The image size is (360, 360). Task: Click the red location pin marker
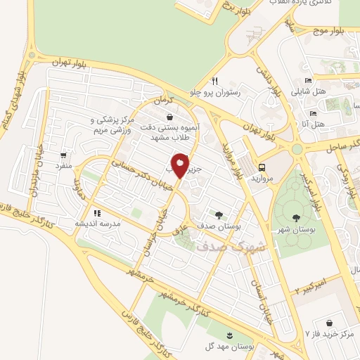point(181,167)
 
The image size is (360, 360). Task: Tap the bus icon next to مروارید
point(262,167)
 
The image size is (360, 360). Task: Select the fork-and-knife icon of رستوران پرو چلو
point(216,81)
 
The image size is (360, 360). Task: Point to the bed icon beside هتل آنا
point(313,113)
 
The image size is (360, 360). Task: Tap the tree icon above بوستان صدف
point(219,215)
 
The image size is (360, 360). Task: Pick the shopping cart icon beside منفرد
point(65,155)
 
